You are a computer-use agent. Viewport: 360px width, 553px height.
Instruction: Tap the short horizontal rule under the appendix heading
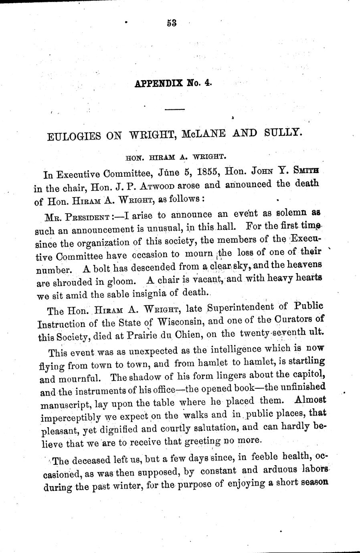point(175,109)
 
